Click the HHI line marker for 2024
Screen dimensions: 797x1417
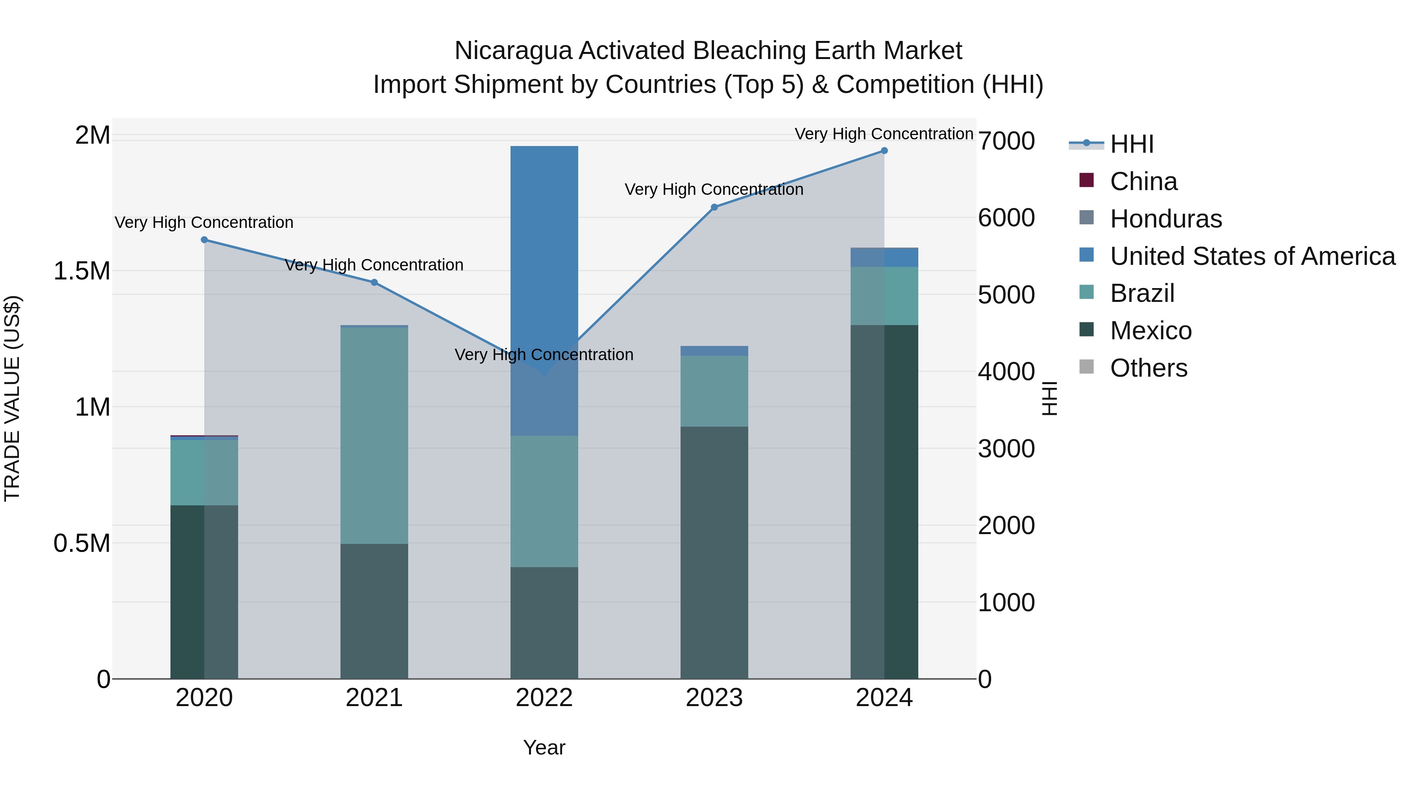[x=884, y=151]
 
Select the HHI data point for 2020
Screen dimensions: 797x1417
[x=204, y=240]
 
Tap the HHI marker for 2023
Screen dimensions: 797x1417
[x=714, y=207]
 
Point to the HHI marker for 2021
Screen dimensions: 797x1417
[x=374, y=282]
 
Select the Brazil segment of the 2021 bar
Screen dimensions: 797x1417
[x=374, y=435]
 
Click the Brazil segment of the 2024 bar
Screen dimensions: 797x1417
[x=884, y=296]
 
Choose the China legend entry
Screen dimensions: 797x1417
[x=1143, y=181]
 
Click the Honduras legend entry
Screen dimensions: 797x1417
[x=1165, y=219]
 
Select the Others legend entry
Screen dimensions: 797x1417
[x=1148, y=368]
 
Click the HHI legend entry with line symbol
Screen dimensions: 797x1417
[x=1131, y=144]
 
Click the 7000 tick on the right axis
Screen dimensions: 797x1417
[x=1006, y=141]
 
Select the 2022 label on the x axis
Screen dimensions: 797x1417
[x=544, y=698]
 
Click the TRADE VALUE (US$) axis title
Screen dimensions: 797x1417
[x=12, y=398]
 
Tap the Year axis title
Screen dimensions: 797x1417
[x=544, y=747]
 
